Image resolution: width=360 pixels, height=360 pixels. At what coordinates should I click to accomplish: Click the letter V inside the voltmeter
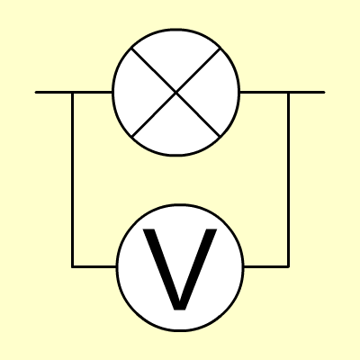click(x=180, y=269)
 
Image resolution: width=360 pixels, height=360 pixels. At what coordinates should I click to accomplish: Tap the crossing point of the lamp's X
click(x=176, y=93)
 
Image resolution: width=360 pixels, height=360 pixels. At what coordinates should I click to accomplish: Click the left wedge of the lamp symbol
click(x=135, y=93)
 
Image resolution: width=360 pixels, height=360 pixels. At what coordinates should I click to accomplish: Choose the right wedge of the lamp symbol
click(x=218, y=93)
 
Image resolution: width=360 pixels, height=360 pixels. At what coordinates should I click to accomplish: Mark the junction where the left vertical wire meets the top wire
click(x=72, y=93)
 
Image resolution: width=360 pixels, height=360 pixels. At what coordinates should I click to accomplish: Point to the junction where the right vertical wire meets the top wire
click(x=288, y=93)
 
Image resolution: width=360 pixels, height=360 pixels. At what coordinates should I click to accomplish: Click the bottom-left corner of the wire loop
click(x=72, y=266)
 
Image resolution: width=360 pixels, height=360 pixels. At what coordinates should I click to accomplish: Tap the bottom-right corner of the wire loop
click(x=288, y=266)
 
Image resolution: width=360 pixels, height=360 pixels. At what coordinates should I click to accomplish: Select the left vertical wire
click(x=72, y=179)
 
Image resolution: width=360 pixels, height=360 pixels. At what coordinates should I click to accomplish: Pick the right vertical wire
click(x=288, y=179)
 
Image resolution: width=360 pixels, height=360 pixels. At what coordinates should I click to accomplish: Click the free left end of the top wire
click(x=36, y=93)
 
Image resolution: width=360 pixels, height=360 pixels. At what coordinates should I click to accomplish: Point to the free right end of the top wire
click(x=324, y=93)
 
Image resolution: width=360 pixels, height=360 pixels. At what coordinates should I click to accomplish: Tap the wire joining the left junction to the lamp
click(x=93, y=93)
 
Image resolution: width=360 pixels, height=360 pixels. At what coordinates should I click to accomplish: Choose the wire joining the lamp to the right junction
click(x=264, y=93)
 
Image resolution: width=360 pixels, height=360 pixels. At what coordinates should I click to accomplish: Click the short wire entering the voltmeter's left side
click(x=94, y=266)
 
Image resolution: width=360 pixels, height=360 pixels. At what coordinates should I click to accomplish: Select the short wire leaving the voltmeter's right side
click(x=266, y=266)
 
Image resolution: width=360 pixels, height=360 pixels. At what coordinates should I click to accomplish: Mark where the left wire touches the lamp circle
click(x=112, y=93)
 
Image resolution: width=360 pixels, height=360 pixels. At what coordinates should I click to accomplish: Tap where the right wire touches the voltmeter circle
click(x=244, y=266)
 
